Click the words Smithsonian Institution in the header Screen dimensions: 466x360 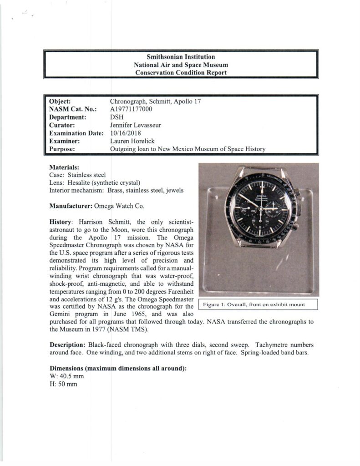pos(181,57)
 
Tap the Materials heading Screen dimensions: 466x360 pos(64,167)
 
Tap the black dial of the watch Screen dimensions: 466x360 pos(259,212)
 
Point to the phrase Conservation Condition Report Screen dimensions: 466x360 pos(181,73)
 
